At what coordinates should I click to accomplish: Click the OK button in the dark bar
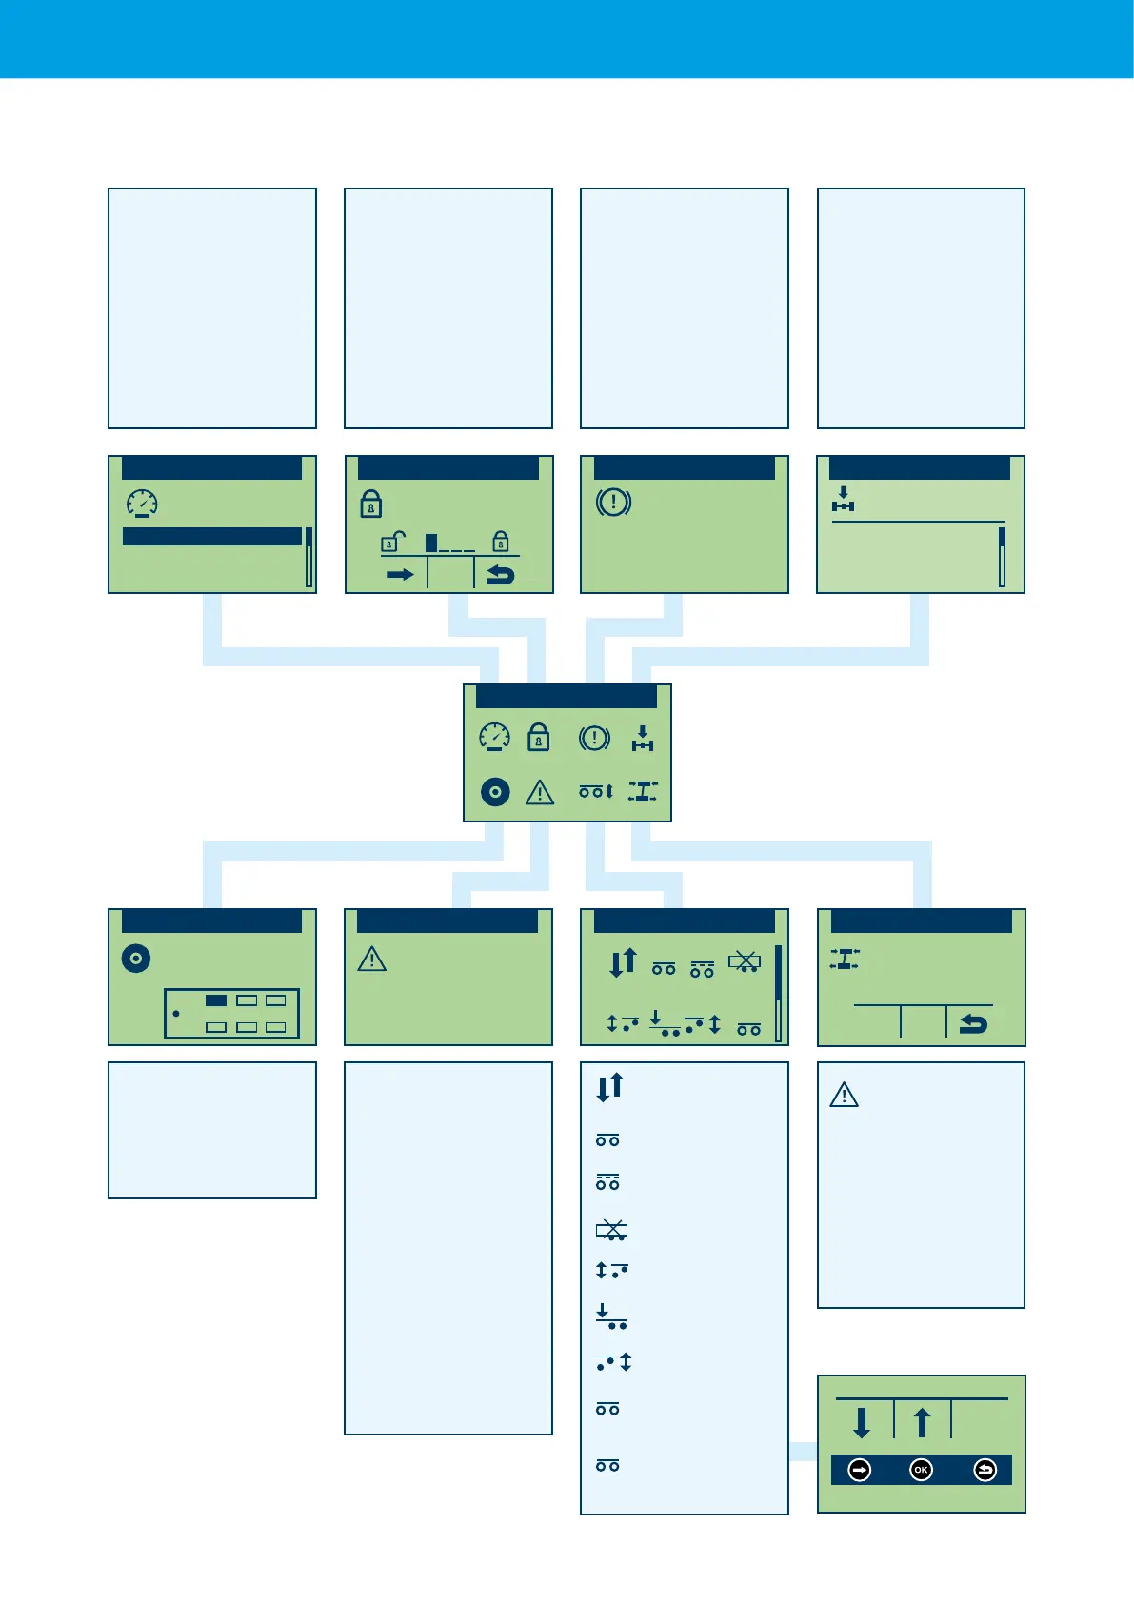click(x=921, y=1470)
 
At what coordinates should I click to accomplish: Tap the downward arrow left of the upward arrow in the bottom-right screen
click(x=862, y=1423)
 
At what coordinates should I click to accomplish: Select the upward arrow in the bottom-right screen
click(x=922, y=1423)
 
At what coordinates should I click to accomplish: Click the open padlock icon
click(x=393, y=542)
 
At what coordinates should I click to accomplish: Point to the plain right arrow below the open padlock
click(x=400, y=574)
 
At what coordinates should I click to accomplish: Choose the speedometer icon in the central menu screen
click(x=495, y=738)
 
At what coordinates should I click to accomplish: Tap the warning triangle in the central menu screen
click(x=540, y=792)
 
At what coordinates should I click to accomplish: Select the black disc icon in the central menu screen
click(x=495, y=792)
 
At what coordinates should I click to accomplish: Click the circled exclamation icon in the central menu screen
click(x=594, y=738)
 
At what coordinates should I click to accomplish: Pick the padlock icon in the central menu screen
click(x=539, y=738)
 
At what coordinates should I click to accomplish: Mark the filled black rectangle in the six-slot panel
click(x=216, y=1000)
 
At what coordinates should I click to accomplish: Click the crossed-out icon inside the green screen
click(x=745, y=962)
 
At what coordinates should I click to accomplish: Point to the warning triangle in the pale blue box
click(x=845, y=1096)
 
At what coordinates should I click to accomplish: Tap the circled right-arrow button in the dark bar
click(x=860, y=1470)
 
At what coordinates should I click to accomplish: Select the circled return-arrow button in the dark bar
click(x=985, y=1470)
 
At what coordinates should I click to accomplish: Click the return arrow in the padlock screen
click(x=500, y=574)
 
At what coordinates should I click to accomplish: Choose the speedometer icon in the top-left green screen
click(x=142, y=504)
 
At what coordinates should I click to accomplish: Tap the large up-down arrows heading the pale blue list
click(x=610, y=1086)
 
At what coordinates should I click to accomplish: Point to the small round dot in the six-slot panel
click(x=176, y=1014)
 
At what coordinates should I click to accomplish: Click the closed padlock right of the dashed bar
click(x=500, y=542)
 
